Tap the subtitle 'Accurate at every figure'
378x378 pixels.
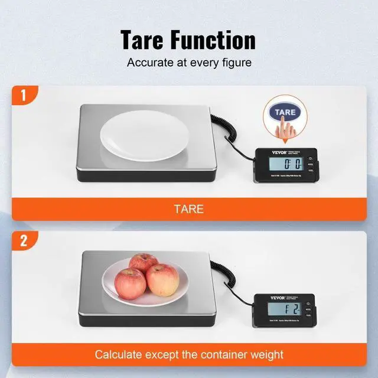pos(188,61)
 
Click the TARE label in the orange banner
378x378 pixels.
pos(188,209)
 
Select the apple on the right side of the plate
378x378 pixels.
pos(162,279)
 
